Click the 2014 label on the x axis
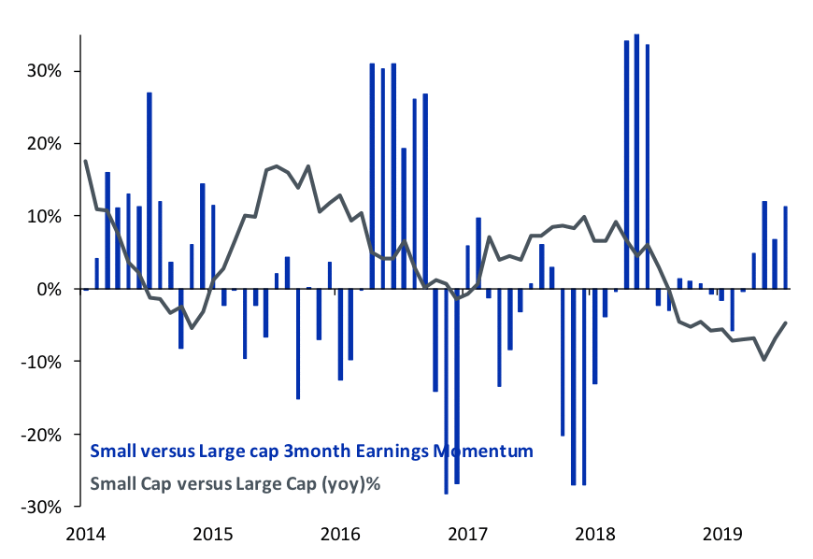tap(85, 535)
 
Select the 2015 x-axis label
tap(212, 535)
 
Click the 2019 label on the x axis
tap(721, 535)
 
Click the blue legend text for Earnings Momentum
tap(311, 451)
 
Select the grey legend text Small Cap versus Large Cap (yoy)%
tap(237, 484)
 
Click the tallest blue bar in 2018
tap(636, 159)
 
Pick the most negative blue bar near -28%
tap(447, 393)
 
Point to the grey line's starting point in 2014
tap(86, 161)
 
